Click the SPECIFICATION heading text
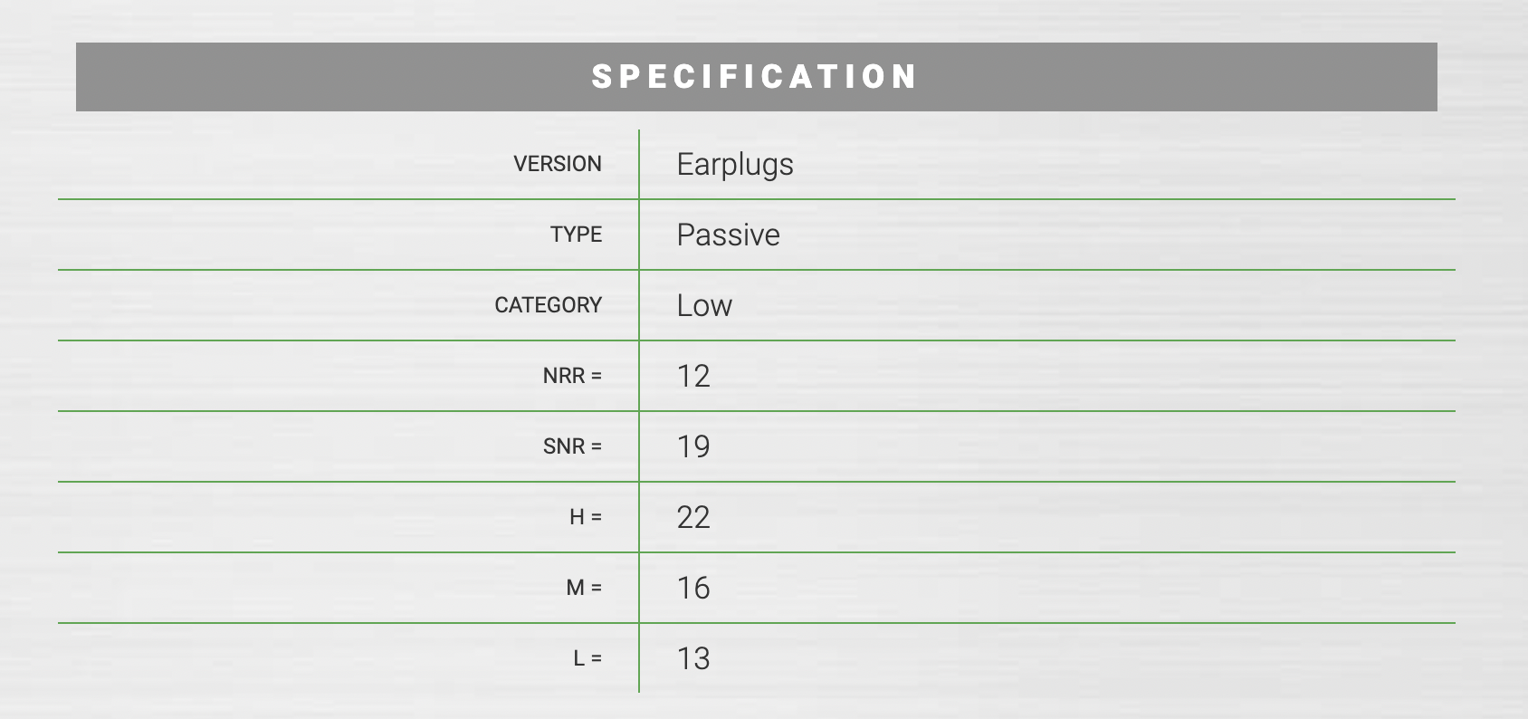[x=754, y=76]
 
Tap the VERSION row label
[x=558, y=164]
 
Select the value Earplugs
[x=735, y=165]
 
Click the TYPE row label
[x=577, y=235]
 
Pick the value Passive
[x=728, y=235]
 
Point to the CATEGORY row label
[x=549, y=305]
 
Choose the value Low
[x=704, y=305]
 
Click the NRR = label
[x=572, y=376]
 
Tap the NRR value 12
[x=693, y=377]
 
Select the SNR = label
[x=572, y=446]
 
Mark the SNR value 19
[x=693, y=446]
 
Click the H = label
[x=586, y=517]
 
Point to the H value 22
[x=693, y=518]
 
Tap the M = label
[x=584, y=588]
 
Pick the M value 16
[x=693, y=588]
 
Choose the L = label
[x=588, y=658]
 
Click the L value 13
[x=693, y=659]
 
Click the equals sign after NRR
[x=597, y=377]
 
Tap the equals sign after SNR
[x=597, y=446]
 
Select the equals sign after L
[x=597, y=659]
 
